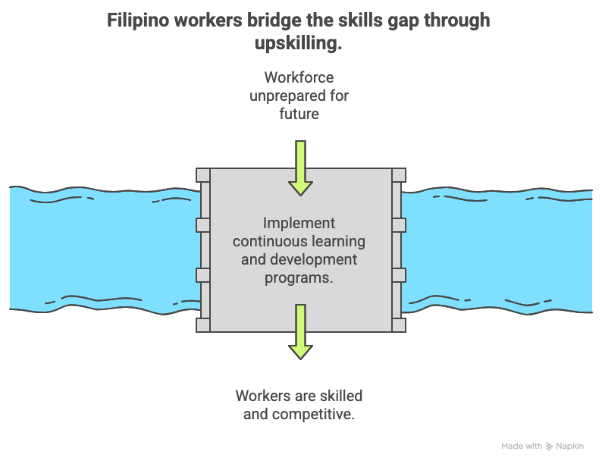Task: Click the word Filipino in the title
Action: [137, 20]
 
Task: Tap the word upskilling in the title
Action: [297, 44]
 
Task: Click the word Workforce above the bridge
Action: [299, 77]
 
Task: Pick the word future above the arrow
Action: [299, 114]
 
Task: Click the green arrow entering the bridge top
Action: [300, 168]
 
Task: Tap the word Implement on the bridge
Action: [299, 224]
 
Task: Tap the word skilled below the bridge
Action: [340, 396]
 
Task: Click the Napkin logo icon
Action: [549, 447]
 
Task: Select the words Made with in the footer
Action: [522, 447]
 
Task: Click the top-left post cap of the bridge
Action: [202, 175]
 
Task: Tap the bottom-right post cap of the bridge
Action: [398, 324]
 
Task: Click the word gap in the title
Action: [400, 20]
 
